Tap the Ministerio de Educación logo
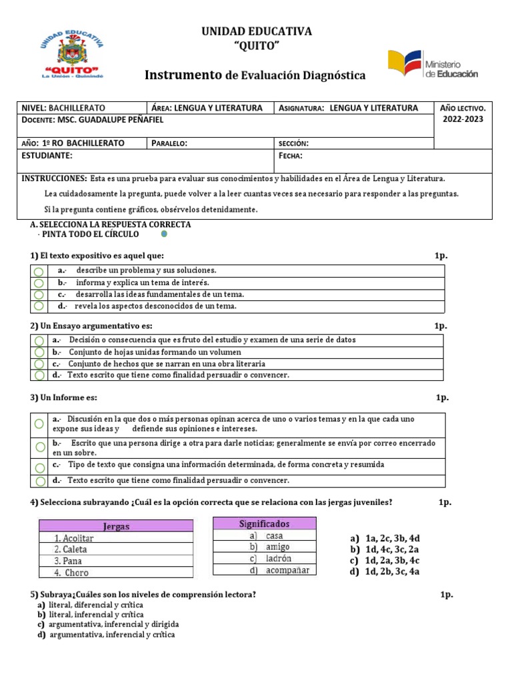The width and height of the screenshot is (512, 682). [433, 65]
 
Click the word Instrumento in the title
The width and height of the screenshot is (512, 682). [183, 75]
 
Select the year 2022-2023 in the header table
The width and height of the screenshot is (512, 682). [463, 119]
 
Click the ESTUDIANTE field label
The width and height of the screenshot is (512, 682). [47, 155]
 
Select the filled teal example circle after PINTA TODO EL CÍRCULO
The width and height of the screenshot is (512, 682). [163, 235]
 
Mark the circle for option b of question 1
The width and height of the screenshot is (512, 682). [39, 283]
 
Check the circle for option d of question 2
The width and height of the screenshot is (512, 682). [39, 376]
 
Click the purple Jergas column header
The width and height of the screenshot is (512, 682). [116, 526]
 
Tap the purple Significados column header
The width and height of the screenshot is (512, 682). [265, 524]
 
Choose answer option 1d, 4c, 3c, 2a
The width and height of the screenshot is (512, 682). [393, 549]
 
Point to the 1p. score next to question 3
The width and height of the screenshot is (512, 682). [443, 398]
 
